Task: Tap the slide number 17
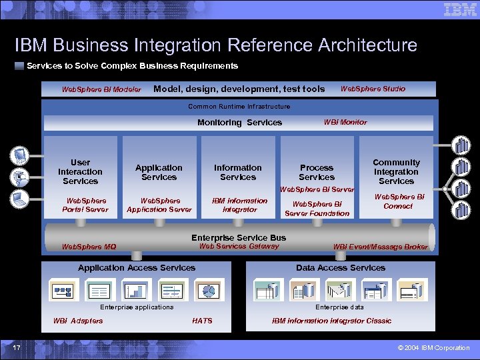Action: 17,347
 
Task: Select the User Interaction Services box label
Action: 80,172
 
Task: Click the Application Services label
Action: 159,173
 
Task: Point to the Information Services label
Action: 238,173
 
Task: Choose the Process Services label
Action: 317,173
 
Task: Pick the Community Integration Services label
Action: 396,172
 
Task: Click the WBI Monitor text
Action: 345,122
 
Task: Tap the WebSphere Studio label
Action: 373,89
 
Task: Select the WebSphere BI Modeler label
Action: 101,89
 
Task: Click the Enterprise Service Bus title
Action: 239,237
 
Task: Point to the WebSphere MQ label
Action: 89,247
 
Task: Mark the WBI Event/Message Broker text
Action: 381,247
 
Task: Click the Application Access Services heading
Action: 137,268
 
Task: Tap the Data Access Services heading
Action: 341,268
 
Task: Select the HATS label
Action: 202,321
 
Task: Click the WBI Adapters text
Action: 78,321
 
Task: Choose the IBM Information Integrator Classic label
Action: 331,321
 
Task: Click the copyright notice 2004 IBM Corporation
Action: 433,348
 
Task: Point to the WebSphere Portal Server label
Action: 87,205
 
